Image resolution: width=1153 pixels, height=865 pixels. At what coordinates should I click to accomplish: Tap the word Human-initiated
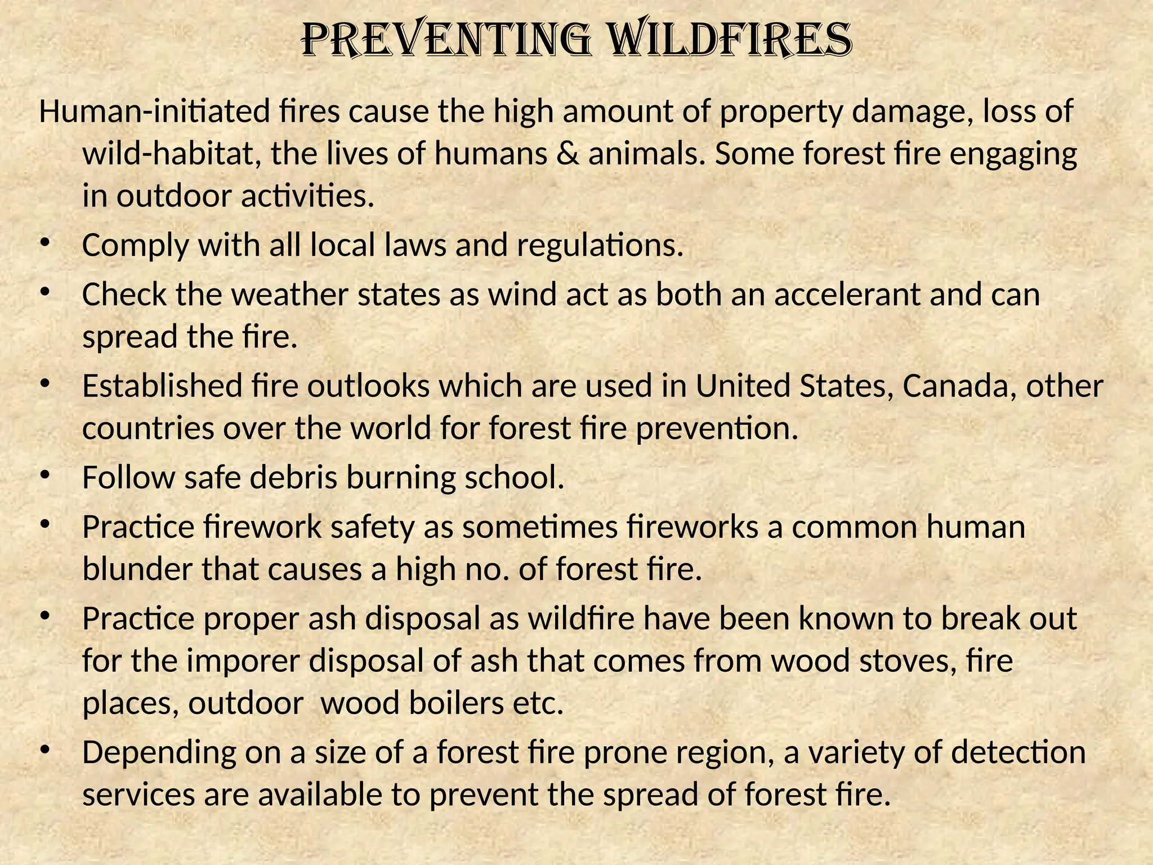point(154,112)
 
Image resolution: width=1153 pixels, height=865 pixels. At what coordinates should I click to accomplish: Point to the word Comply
point(135,246)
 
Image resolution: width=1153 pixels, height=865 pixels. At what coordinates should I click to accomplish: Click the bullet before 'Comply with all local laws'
point(45,243)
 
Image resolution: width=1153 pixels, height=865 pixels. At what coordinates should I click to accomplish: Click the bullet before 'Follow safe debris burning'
point(45,475)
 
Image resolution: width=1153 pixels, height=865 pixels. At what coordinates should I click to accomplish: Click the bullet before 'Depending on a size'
point(45,750)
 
